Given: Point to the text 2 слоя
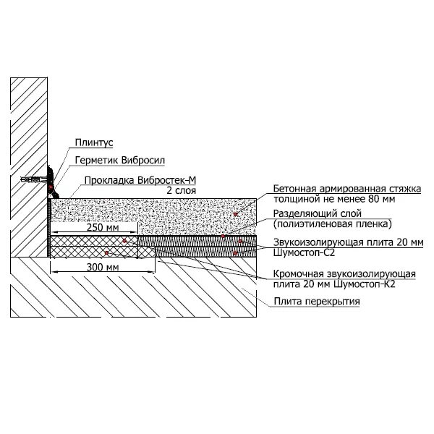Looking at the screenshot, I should point(182,190).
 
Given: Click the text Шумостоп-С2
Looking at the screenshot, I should point(303,252).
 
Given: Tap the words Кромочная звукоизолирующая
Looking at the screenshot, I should point(344,273).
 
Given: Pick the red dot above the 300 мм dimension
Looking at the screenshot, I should point(106,253).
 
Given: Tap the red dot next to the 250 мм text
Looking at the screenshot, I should point(124,241).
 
